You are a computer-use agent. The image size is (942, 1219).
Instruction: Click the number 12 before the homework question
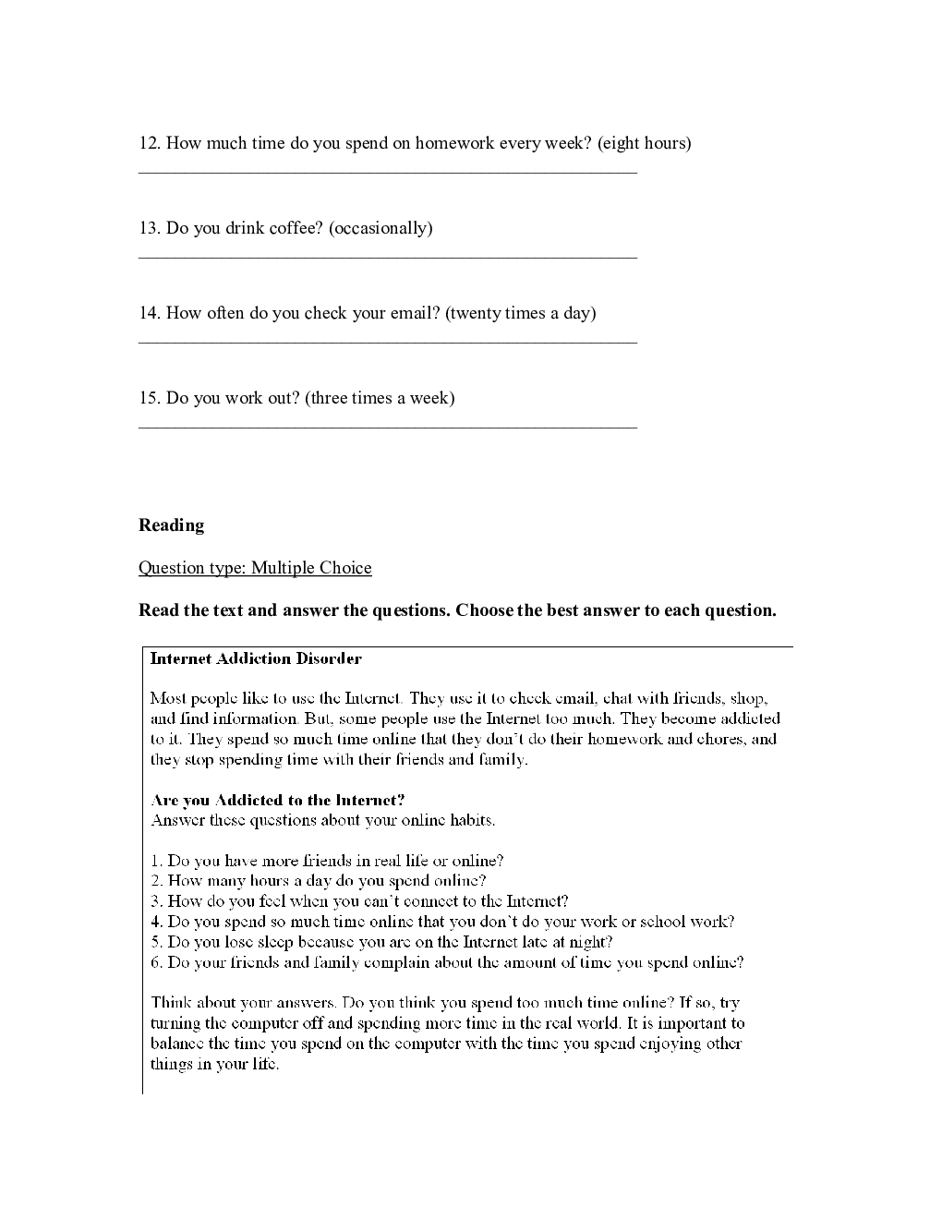coord(149,143)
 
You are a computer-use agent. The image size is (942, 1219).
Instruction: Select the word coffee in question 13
coord(296,228)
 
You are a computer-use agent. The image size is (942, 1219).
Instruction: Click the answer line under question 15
coord(388,427)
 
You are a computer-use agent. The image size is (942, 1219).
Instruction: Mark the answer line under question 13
coord(388,257)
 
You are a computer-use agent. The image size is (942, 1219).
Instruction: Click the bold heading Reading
coord(172,525)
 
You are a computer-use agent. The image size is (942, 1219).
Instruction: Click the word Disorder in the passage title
coord(329,659)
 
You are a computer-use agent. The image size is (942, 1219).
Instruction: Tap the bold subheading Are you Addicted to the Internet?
coord(278,800)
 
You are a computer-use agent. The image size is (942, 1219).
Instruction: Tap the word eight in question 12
coord(622,143)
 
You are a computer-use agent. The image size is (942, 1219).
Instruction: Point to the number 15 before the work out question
coord(149,398)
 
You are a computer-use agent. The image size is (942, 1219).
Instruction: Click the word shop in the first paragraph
coord(747,698)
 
